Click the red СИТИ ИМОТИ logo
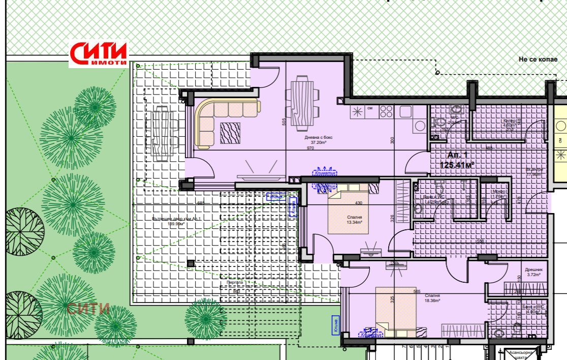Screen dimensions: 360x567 click(99, 54)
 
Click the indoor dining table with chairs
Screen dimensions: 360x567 click(303, 103)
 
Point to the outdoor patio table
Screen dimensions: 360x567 click(163, 132)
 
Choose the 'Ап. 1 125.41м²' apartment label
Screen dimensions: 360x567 click(460, 160)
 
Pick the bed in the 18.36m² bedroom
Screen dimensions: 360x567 click(395, 310)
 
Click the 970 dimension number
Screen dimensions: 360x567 click(311, 148)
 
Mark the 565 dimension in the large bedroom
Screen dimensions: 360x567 click(417, 291)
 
